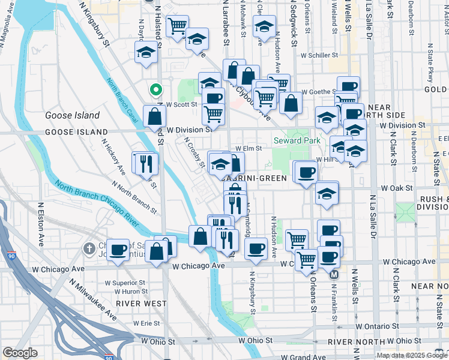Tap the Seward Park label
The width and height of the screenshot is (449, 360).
(294, 140)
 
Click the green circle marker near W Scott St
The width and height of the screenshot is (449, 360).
(155, 91)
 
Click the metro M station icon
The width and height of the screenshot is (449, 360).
(334, 275)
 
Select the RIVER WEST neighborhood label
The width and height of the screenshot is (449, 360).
(142, 304)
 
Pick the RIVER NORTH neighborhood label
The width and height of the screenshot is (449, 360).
(353, 341)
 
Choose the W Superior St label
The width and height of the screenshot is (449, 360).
(125, 282)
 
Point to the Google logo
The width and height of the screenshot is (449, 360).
(20, 353)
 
